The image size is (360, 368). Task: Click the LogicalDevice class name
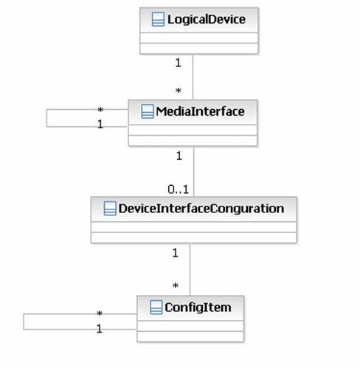click(207, 19)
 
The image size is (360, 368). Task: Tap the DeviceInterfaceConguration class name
click(201, 209)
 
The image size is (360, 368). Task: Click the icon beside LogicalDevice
click(157, 19)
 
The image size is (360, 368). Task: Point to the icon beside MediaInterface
click(145, 111)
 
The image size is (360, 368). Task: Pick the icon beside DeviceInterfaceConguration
click(109, 209)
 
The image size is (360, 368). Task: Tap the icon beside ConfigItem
click(156, 305)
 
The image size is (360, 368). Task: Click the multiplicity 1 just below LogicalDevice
click(178, 63)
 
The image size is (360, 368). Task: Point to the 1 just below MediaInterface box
click(178, 156)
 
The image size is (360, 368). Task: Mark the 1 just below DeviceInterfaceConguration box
click(175, 253)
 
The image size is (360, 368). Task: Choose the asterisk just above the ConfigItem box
click(176, 285)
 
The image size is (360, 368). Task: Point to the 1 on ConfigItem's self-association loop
click(100, 327)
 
